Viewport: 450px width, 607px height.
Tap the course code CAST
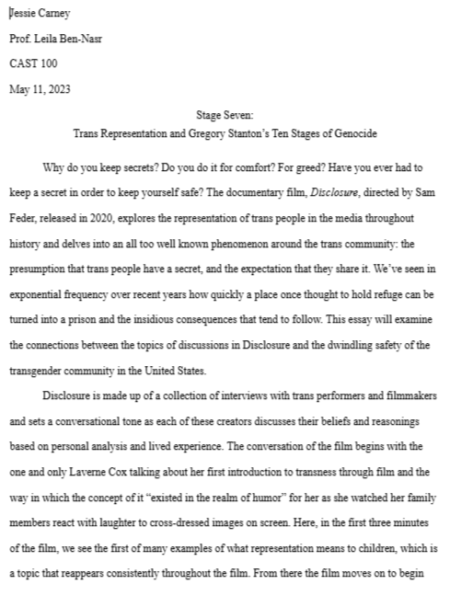[x=26, y=64]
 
